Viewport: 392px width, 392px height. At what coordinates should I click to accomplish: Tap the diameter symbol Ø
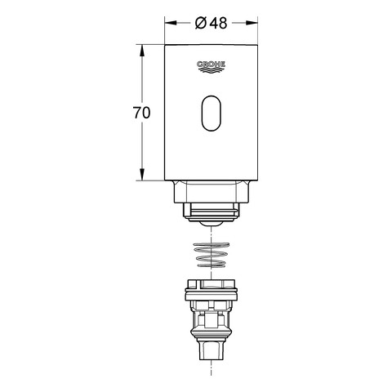coord(201,23)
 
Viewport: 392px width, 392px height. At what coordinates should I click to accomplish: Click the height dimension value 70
coord(141,113)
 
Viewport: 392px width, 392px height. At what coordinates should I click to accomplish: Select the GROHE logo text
coord(211,65)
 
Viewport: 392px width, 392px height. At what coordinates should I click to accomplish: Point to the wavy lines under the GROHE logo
coord(212,70)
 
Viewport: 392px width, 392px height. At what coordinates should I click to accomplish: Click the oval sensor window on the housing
coord(212,114)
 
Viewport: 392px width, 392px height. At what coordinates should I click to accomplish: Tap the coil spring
coord(212,255)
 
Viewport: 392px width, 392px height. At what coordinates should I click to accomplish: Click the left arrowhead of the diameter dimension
coord(171,23)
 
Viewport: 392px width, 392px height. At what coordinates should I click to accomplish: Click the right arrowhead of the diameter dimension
coord(252,23)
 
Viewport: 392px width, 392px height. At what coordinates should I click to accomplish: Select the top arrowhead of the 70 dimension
coord(142,51)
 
